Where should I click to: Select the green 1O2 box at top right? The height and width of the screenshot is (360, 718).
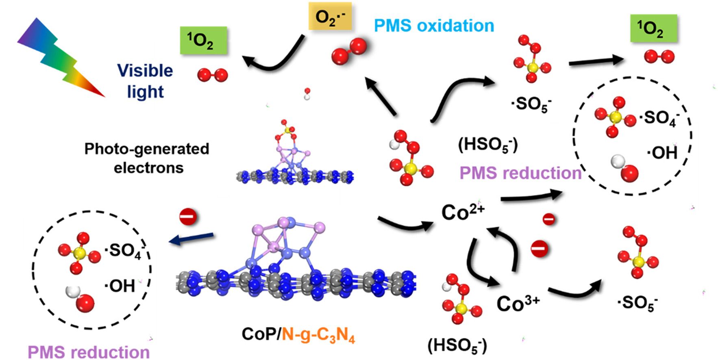point(653,28)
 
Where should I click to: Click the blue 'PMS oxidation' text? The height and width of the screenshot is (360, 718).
point(434,26)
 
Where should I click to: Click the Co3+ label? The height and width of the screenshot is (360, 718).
point(518,303)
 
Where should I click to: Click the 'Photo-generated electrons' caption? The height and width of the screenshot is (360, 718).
point(147,158)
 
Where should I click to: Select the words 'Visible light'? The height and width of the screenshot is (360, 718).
point(146,81)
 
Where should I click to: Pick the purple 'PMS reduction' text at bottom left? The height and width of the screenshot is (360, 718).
point(89,352)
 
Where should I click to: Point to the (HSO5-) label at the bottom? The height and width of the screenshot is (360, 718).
point(457,346)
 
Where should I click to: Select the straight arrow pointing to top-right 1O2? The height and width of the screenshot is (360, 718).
point(596,61)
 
